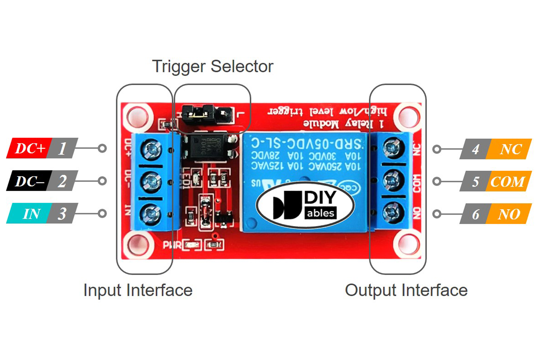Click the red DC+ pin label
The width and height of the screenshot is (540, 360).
point(29,148)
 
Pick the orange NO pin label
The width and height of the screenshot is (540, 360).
point(509,214)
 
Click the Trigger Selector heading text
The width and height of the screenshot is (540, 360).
point(212,66)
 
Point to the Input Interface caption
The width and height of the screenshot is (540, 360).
point(138,290)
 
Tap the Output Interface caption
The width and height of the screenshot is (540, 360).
point(406,290)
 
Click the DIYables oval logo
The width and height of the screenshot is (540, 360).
point(305,205)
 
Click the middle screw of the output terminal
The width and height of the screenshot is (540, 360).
point(393,180)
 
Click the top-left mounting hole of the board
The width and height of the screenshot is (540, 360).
point(137,117)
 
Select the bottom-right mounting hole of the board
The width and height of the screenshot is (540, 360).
point(407,244)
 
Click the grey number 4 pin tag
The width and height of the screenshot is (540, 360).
point(475,149)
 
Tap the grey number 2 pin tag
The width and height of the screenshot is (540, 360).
point(62,181)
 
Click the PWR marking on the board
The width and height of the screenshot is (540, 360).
point(172,245)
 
